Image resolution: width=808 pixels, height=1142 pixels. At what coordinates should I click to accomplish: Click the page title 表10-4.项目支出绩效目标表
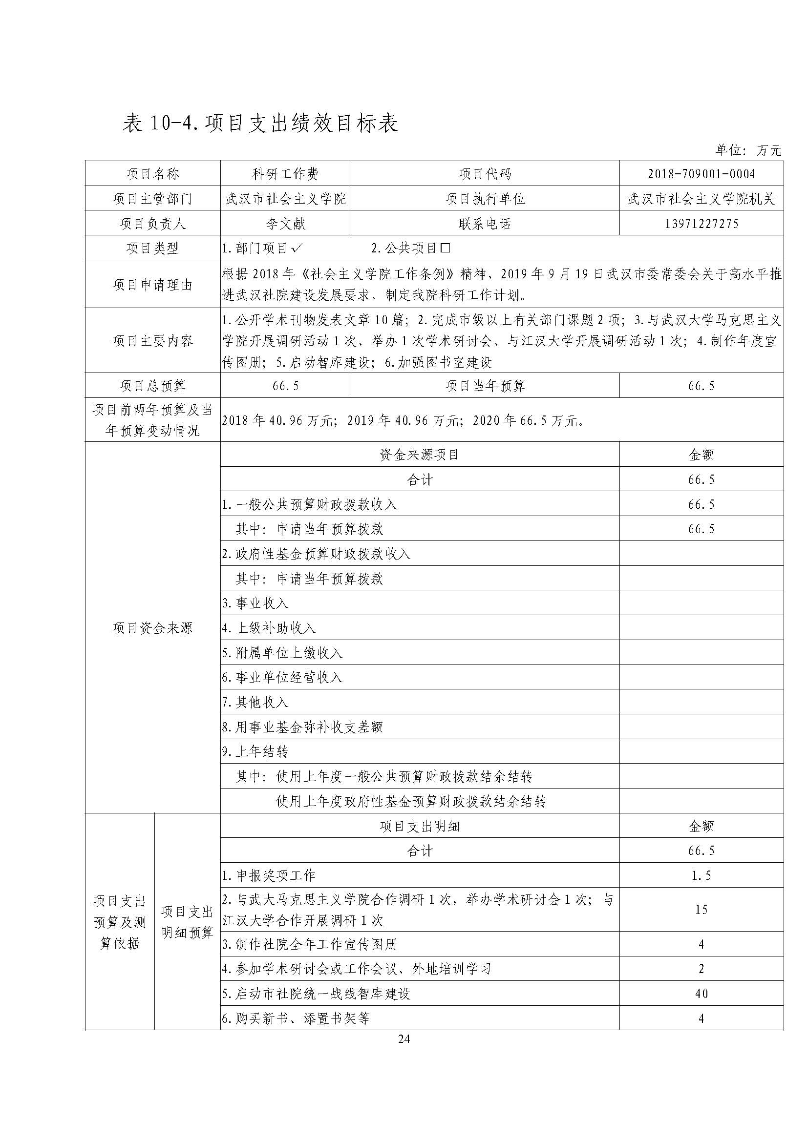260,124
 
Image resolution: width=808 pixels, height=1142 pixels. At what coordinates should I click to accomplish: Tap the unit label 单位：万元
748,150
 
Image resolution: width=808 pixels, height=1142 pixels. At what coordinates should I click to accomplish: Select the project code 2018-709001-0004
701,174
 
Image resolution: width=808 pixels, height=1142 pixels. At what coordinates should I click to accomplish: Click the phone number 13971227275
701,223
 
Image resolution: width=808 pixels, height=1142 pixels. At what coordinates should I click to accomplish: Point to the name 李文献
286,223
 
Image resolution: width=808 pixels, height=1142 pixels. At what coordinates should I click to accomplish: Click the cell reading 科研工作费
286,174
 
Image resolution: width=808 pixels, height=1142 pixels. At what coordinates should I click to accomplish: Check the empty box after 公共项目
446,248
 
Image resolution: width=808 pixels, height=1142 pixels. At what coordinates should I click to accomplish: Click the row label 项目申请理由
152,285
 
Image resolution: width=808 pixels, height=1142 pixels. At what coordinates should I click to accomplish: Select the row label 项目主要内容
152,341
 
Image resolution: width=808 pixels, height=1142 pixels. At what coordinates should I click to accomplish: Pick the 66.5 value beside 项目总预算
286,386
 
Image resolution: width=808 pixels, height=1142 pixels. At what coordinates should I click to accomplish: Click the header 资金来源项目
420,455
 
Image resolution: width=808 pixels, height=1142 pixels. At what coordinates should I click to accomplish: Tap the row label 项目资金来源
152,628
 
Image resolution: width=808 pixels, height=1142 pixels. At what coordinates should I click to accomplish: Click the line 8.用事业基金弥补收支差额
302,727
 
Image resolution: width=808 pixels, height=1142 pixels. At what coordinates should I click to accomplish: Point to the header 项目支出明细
420,827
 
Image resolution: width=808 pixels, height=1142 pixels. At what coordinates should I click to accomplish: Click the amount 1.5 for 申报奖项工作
701,876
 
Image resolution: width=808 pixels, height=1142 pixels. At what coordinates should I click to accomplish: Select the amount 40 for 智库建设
701,994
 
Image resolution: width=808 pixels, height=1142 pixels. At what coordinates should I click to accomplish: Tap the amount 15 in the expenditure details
701,910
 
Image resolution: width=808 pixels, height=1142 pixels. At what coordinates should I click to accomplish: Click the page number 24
404,1038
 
